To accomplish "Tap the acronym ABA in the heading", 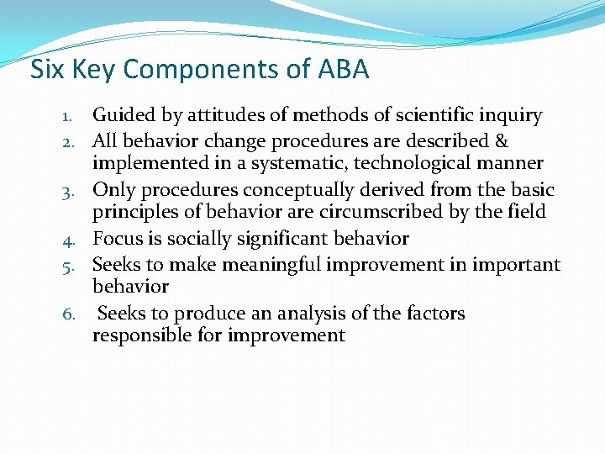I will (x=343, y=70).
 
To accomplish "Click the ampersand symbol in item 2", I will (x=501, y=140).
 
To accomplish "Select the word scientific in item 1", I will (x=441, y=116).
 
